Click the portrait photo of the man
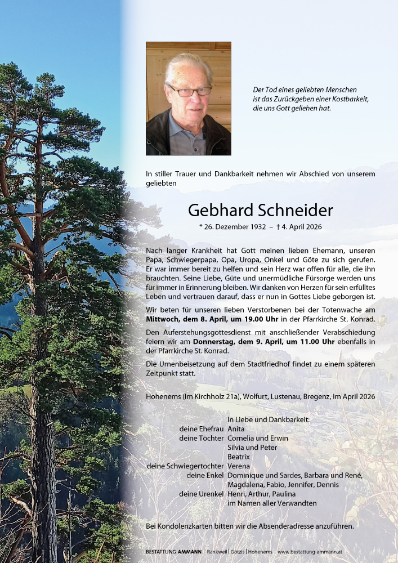click(188, 99)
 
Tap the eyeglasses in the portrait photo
click(189, 91)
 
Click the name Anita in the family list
click(236, 429)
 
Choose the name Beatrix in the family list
click(239, 457)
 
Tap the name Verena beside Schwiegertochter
click(238, 466)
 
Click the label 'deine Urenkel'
click(202, 494)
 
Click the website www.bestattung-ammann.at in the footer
click(317, 552)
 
